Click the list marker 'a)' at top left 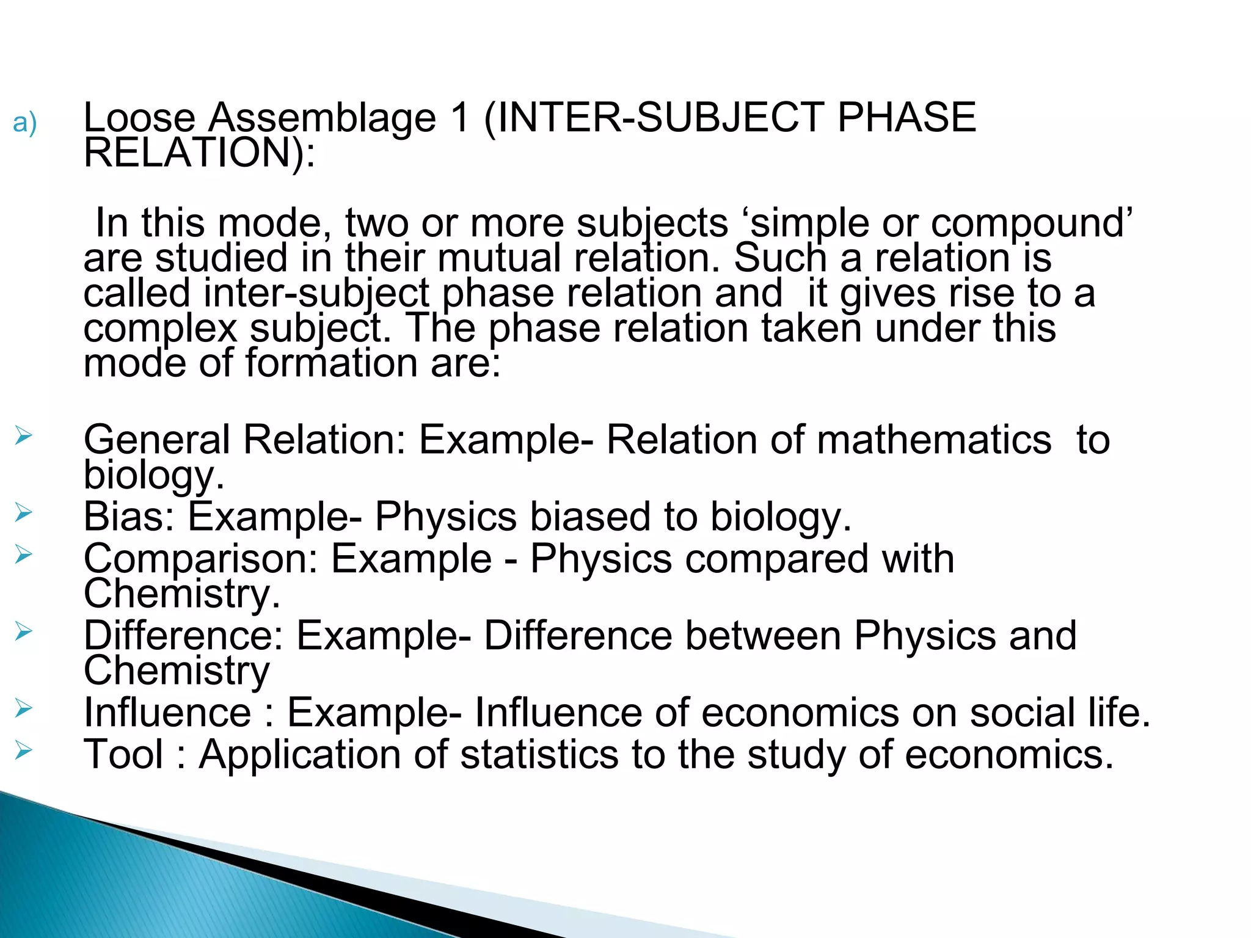24,123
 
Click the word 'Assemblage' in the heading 323,118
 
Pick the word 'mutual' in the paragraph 498,258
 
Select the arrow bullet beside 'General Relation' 23,436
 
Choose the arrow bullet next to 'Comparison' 23,554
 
